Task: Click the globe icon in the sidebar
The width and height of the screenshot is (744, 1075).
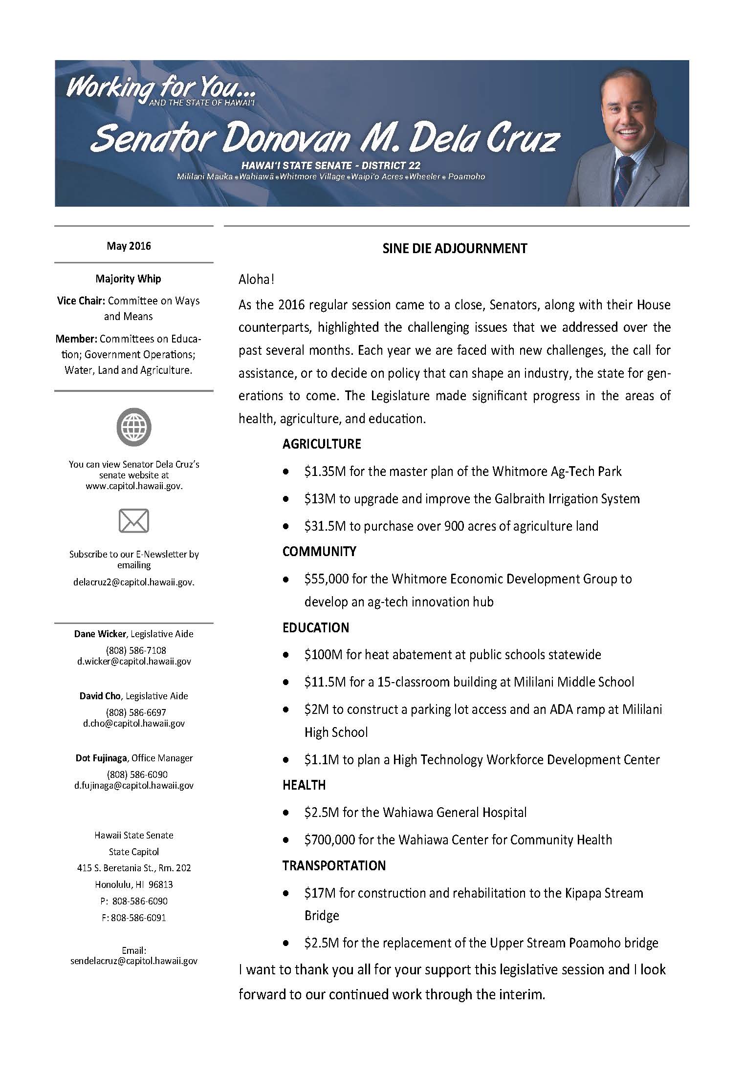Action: [x=133, y=427]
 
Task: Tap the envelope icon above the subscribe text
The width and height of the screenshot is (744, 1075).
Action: [x=133, y=520]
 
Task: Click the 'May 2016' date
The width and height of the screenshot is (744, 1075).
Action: [x=129, y=246]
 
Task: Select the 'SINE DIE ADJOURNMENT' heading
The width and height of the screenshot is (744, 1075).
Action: [x=455, y=248]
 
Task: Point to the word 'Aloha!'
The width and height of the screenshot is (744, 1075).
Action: [x=256, y=279]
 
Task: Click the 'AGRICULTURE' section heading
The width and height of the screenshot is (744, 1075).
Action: [x=322, y=444]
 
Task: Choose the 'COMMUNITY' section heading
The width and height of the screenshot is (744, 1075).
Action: [x=319, y=552]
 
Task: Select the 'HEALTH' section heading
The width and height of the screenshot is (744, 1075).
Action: [x=304, y=785]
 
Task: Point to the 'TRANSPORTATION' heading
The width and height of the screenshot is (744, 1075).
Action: [x=334, y=865]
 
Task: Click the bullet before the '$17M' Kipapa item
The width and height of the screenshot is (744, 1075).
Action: [x=286, y=894]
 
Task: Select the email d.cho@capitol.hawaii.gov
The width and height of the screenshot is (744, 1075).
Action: [x=134, y=723]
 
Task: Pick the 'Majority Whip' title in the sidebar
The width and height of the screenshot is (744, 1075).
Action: [x=129, y=279]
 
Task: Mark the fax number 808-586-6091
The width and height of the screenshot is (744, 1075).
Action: [x=138, y=918]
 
